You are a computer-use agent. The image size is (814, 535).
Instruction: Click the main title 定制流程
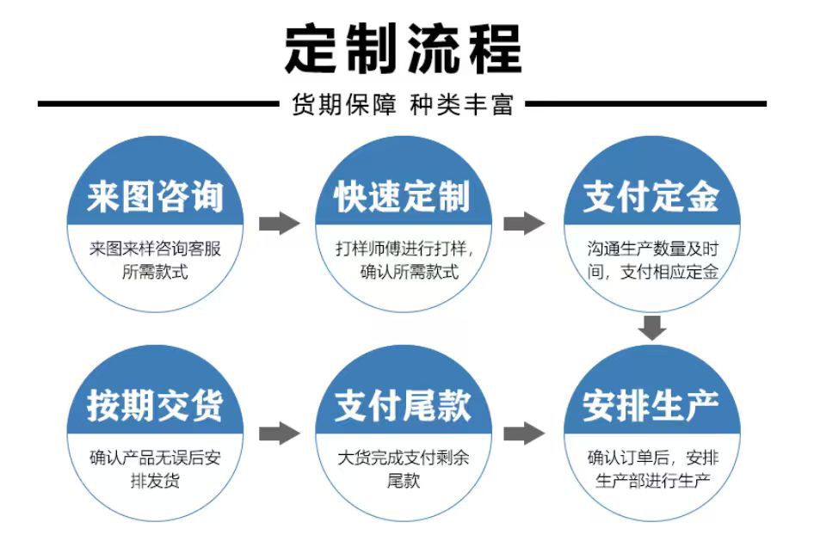click(404, 49)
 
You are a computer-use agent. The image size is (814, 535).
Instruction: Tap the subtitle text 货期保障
click(343, 105)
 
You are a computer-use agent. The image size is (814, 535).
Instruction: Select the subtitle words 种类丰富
click(461, 105)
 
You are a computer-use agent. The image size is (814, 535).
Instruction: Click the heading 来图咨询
click(155, 197)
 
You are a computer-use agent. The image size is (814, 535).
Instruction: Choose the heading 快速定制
click(403, 197)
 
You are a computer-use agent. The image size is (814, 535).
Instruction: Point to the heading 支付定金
click(651, 197)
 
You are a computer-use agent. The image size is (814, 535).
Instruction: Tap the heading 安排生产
click(651, 406)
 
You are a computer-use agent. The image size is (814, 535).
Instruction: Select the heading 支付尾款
click(403, 406)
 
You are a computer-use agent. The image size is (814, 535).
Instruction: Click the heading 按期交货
click(155, 406)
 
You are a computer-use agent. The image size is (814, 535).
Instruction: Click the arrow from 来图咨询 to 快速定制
click(280, 224)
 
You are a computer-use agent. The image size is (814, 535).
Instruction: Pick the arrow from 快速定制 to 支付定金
click(524, 224)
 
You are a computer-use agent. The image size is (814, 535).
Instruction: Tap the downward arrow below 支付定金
click(652, 328)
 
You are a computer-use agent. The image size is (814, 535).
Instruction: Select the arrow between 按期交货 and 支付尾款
click(280, 434)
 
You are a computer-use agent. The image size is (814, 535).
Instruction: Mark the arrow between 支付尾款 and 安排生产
click(524, 434)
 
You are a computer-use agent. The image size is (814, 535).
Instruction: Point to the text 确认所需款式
click(410, 272)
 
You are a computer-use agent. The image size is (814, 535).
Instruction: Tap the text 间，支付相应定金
click(652, 272)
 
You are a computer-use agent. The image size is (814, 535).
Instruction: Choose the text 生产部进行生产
click(652, 481)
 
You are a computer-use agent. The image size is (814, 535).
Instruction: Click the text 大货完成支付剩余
click(404, 458)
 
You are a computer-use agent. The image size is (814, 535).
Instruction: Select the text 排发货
click(155, 481)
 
